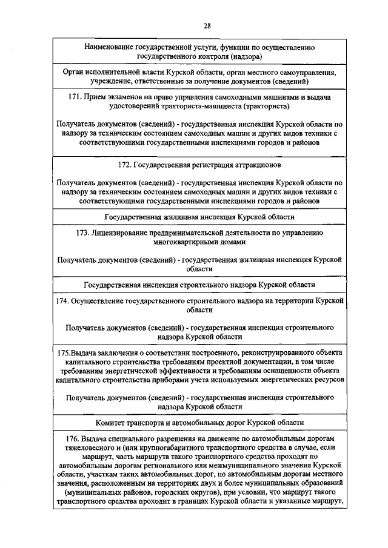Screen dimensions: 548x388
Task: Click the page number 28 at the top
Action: [207, 25]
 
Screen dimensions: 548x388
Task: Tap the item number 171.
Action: [76, 97]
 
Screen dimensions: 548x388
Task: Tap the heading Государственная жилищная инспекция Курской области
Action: [199, 216]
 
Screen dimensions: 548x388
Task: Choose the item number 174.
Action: [62, 300]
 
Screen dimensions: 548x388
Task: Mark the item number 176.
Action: [72, 438]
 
